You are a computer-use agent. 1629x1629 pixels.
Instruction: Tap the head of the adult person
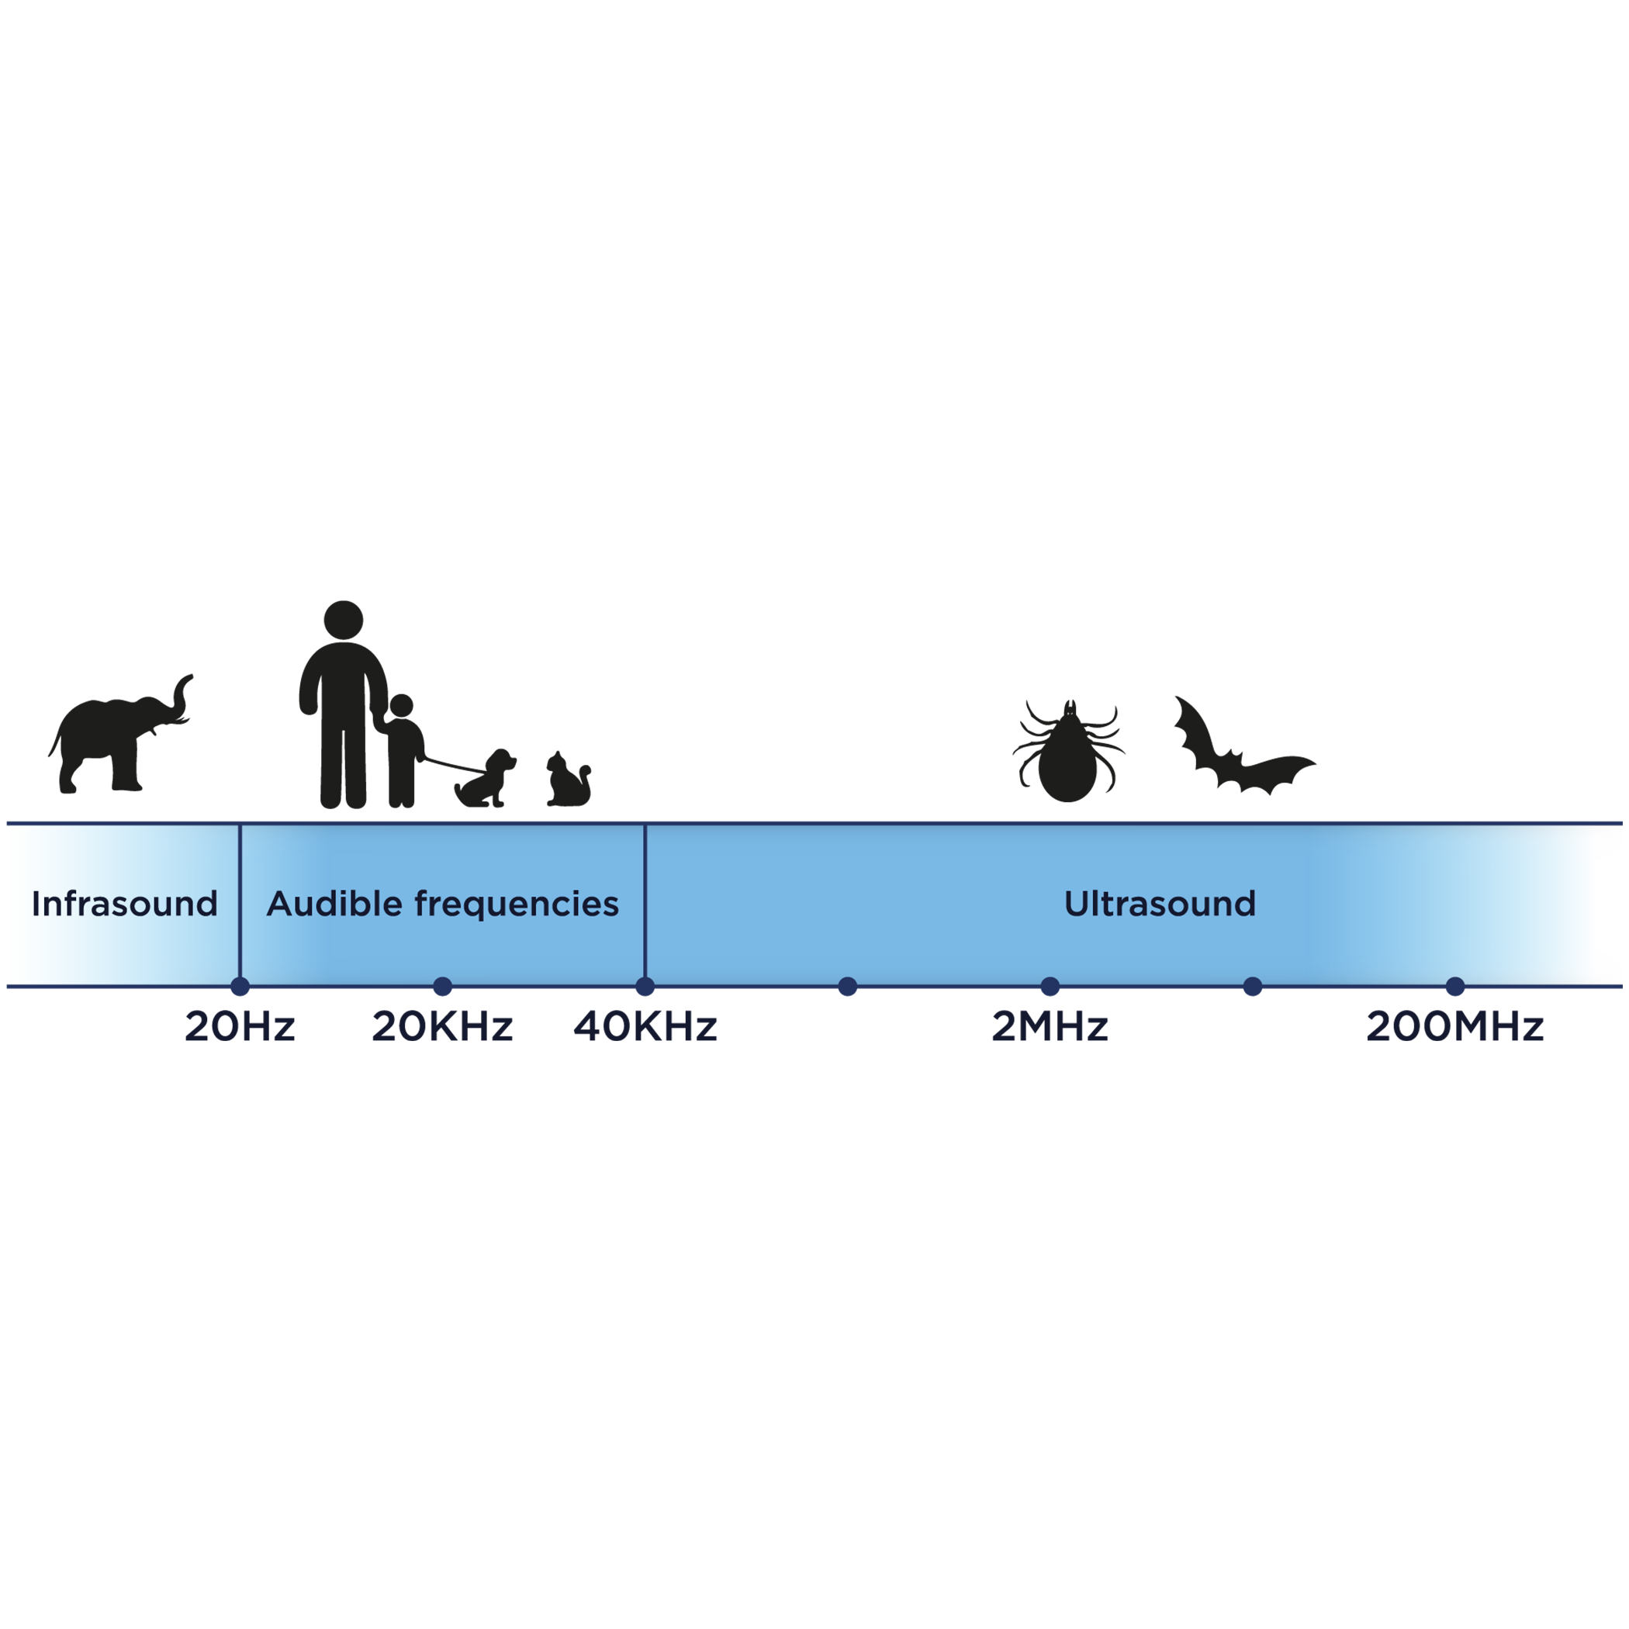tap(343, 620)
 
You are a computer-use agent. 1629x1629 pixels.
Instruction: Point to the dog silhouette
tap(487, 780)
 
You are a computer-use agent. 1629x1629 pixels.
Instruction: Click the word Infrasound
tap(125, 904)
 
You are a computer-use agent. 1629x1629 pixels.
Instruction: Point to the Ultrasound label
tap(1160, 904)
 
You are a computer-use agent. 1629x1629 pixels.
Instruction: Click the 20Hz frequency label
tap(240, 1026)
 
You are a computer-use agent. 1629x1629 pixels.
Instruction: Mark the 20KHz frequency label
tap(443, 1026)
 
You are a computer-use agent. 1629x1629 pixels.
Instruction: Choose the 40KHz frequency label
tap(646, 1026)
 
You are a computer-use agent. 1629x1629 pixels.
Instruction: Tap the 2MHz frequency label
tap(1050, 1026)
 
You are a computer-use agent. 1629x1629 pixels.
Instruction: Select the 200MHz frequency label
tap(1454, 1026)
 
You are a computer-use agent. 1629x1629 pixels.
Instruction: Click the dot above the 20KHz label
tap(443, 986)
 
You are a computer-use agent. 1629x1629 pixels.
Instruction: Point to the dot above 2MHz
tap(1050, 986)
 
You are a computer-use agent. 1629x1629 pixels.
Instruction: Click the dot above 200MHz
tap(1455, 986)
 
